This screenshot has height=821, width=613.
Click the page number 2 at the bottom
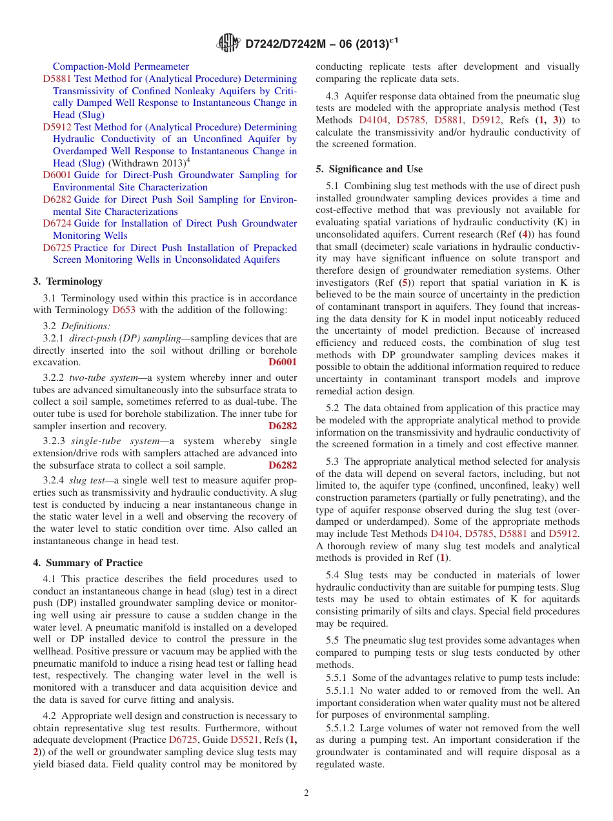306,793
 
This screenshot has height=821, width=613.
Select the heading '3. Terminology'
67,281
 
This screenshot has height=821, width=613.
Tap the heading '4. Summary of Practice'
88,563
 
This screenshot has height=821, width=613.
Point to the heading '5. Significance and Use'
369,169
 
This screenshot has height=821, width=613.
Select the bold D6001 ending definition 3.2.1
283,362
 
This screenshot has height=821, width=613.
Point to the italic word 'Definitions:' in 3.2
86,326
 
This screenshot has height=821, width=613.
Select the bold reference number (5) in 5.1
404,283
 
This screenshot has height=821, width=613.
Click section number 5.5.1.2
342,727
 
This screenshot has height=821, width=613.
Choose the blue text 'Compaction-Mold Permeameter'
121,66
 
